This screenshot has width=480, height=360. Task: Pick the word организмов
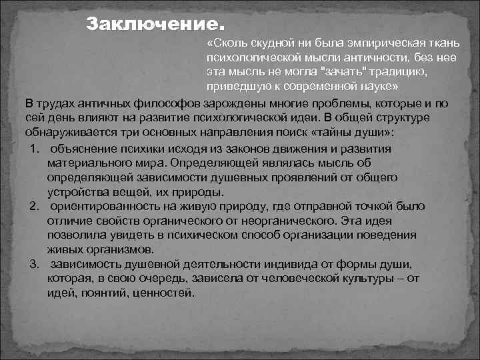125,250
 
